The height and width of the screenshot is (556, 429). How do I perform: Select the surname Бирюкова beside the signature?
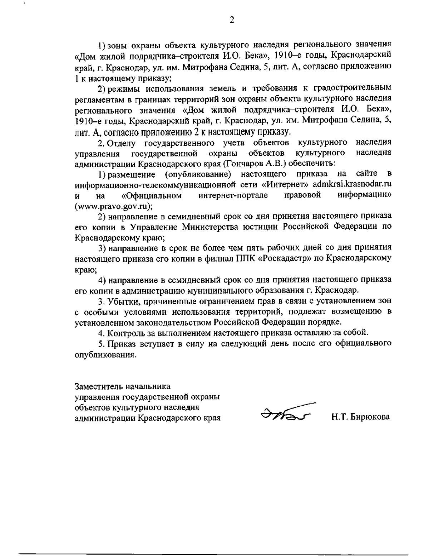pos(371,417)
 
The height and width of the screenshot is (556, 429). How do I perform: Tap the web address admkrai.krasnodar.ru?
pos(351,184)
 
